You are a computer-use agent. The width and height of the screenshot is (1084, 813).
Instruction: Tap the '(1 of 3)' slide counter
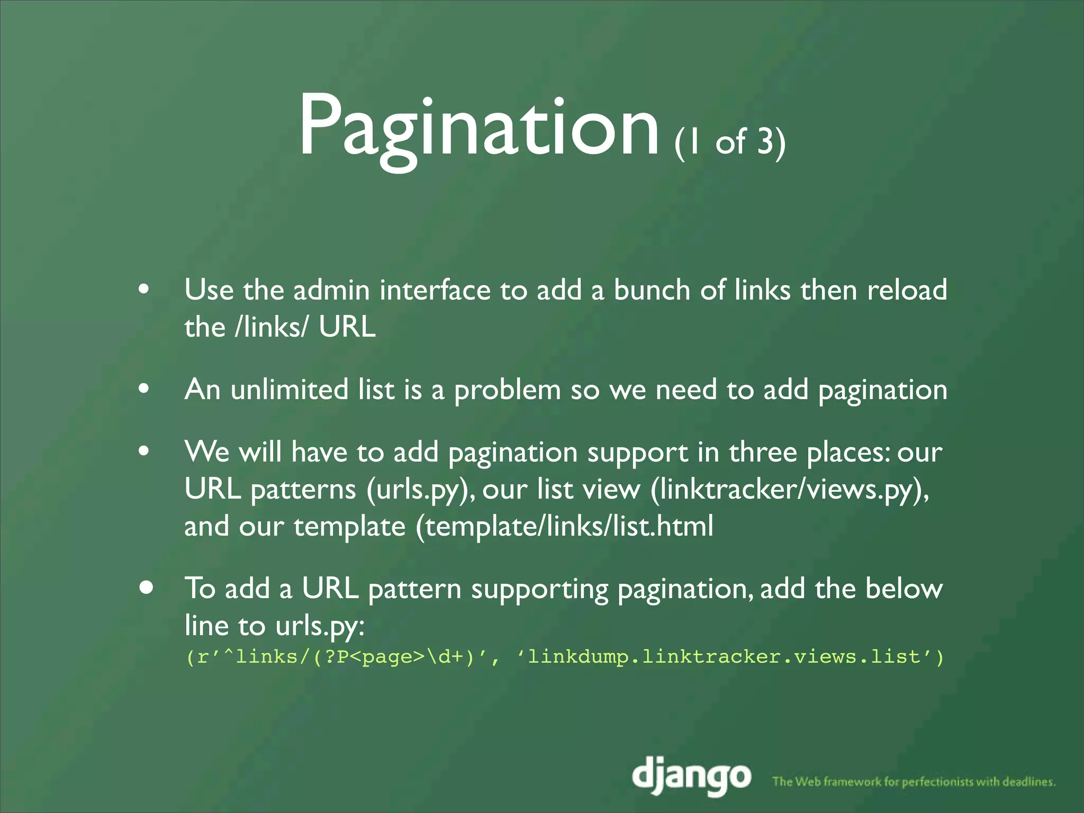click(729, 142)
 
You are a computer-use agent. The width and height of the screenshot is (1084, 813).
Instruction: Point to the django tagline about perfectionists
click(914, 781)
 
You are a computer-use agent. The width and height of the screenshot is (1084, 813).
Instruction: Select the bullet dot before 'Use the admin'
click(143, 290)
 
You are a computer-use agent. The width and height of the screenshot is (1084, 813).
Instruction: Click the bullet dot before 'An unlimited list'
click(143, 389)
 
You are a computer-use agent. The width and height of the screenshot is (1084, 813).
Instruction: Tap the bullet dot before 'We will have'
click(143, 451)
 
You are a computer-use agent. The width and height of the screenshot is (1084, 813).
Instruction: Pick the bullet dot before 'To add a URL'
click(147, 588)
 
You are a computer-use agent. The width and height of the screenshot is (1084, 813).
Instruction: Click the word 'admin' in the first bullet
click(331, 290)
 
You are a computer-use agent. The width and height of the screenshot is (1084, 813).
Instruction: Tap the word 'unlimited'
click(289, 390)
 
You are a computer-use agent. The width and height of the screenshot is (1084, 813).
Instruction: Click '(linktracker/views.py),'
click(789, 490)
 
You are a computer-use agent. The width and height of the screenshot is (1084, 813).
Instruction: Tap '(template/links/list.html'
click(564, 527)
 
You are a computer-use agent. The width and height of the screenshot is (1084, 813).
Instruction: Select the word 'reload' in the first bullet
click(907, 290)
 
